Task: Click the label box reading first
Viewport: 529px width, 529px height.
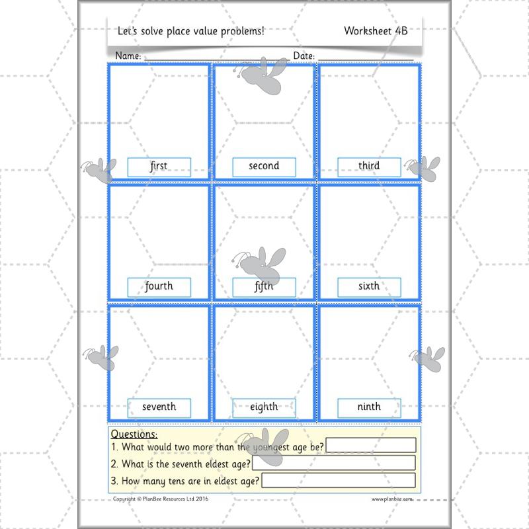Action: coord(159,167)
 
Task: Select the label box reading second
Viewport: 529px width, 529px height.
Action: coord(264,167)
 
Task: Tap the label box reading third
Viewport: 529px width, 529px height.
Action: coord(369,167)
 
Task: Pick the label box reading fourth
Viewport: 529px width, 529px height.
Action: coord(159,287)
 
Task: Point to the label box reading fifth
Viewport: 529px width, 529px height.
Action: coord(264,287)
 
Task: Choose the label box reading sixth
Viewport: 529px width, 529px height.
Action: coord(369,287)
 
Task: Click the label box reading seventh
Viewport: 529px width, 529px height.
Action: coord(159,407)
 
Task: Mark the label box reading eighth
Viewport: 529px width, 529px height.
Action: coord(264,407)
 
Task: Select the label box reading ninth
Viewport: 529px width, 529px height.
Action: coord(369,407)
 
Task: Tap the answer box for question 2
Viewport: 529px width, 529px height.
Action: coord(334,463)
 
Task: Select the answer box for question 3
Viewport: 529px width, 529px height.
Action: coord(339,480)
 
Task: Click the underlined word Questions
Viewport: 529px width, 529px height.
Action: coord(134,434)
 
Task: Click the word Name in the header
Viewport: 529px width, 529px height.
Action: coord(128,56)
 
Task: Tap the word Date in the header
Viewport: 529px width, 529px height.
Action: coord(304,56)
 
